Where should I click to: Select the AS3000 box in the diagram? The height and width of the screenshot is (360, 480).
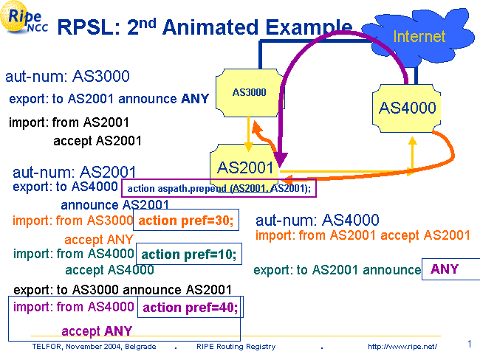point(249,93)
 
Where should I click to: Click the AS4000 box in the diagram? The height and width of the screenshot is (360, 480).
point(407,108)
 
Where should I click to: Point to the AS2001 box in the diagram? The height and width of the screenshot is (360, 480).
point(246,166)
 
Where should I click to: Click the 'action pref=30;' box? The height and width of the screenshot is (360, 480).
point(185,221)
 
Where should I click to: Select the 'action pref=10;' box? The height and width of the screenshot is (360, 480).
point(189,255)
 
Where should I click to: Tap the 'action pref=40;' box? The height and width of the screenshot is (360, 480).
point(190,308)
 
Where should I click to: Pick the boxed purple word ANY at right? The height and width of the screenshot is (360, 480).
point(445,269)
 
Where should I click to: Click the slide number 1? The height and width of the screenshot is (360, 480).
point(470,344)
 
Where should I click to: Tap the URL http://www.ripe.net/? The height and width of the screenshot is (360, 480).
point(402,347)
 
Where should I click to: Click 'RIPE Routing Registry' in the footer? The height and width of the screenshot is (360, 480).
point(236,347)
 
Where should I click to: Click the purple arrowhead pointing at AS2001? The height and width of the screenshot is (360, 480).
point(283,158)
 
